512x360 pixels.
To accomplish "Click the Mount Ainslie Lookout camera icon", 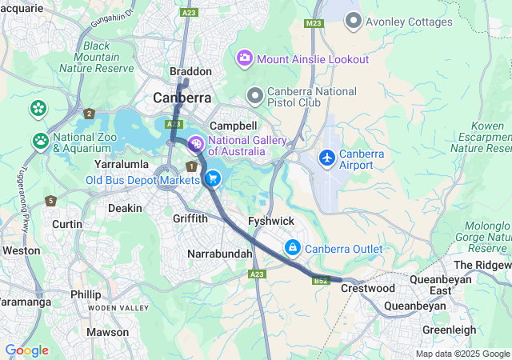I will coord(244,58).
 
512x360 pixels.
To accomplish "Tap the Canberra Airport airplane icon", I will coord(326,158).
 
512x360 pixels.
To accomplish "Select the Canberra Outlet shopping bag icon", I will coord(293,248).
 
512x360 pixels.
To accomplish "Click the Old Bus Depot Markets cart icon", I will coord(213,179).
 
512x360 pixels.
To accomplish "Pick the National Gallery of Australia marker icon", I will coord(195,145).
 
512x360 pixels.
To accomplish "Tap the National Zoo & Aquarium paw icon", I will coord(41,142).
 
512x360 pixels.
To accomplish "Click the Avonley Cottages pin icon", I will coord(354,22).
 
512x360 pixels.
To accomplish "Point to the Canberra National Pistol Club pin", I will coord(255,97).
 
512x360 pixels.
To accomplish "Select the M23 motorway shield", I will coord(313,24).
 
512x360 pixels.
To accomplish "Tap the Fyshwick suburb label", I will coord(271,221).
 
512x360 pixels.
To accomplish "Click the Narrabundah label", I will coord(219,254).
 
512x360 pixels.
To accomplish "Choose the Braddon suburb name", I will coord(191,71).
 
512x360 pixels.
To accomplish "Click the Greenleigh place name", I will coord(449,330).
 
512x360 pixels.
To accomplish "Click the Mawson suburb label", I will coord(107,331).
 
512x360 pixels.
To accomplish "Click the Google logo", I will coord(26,350).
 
